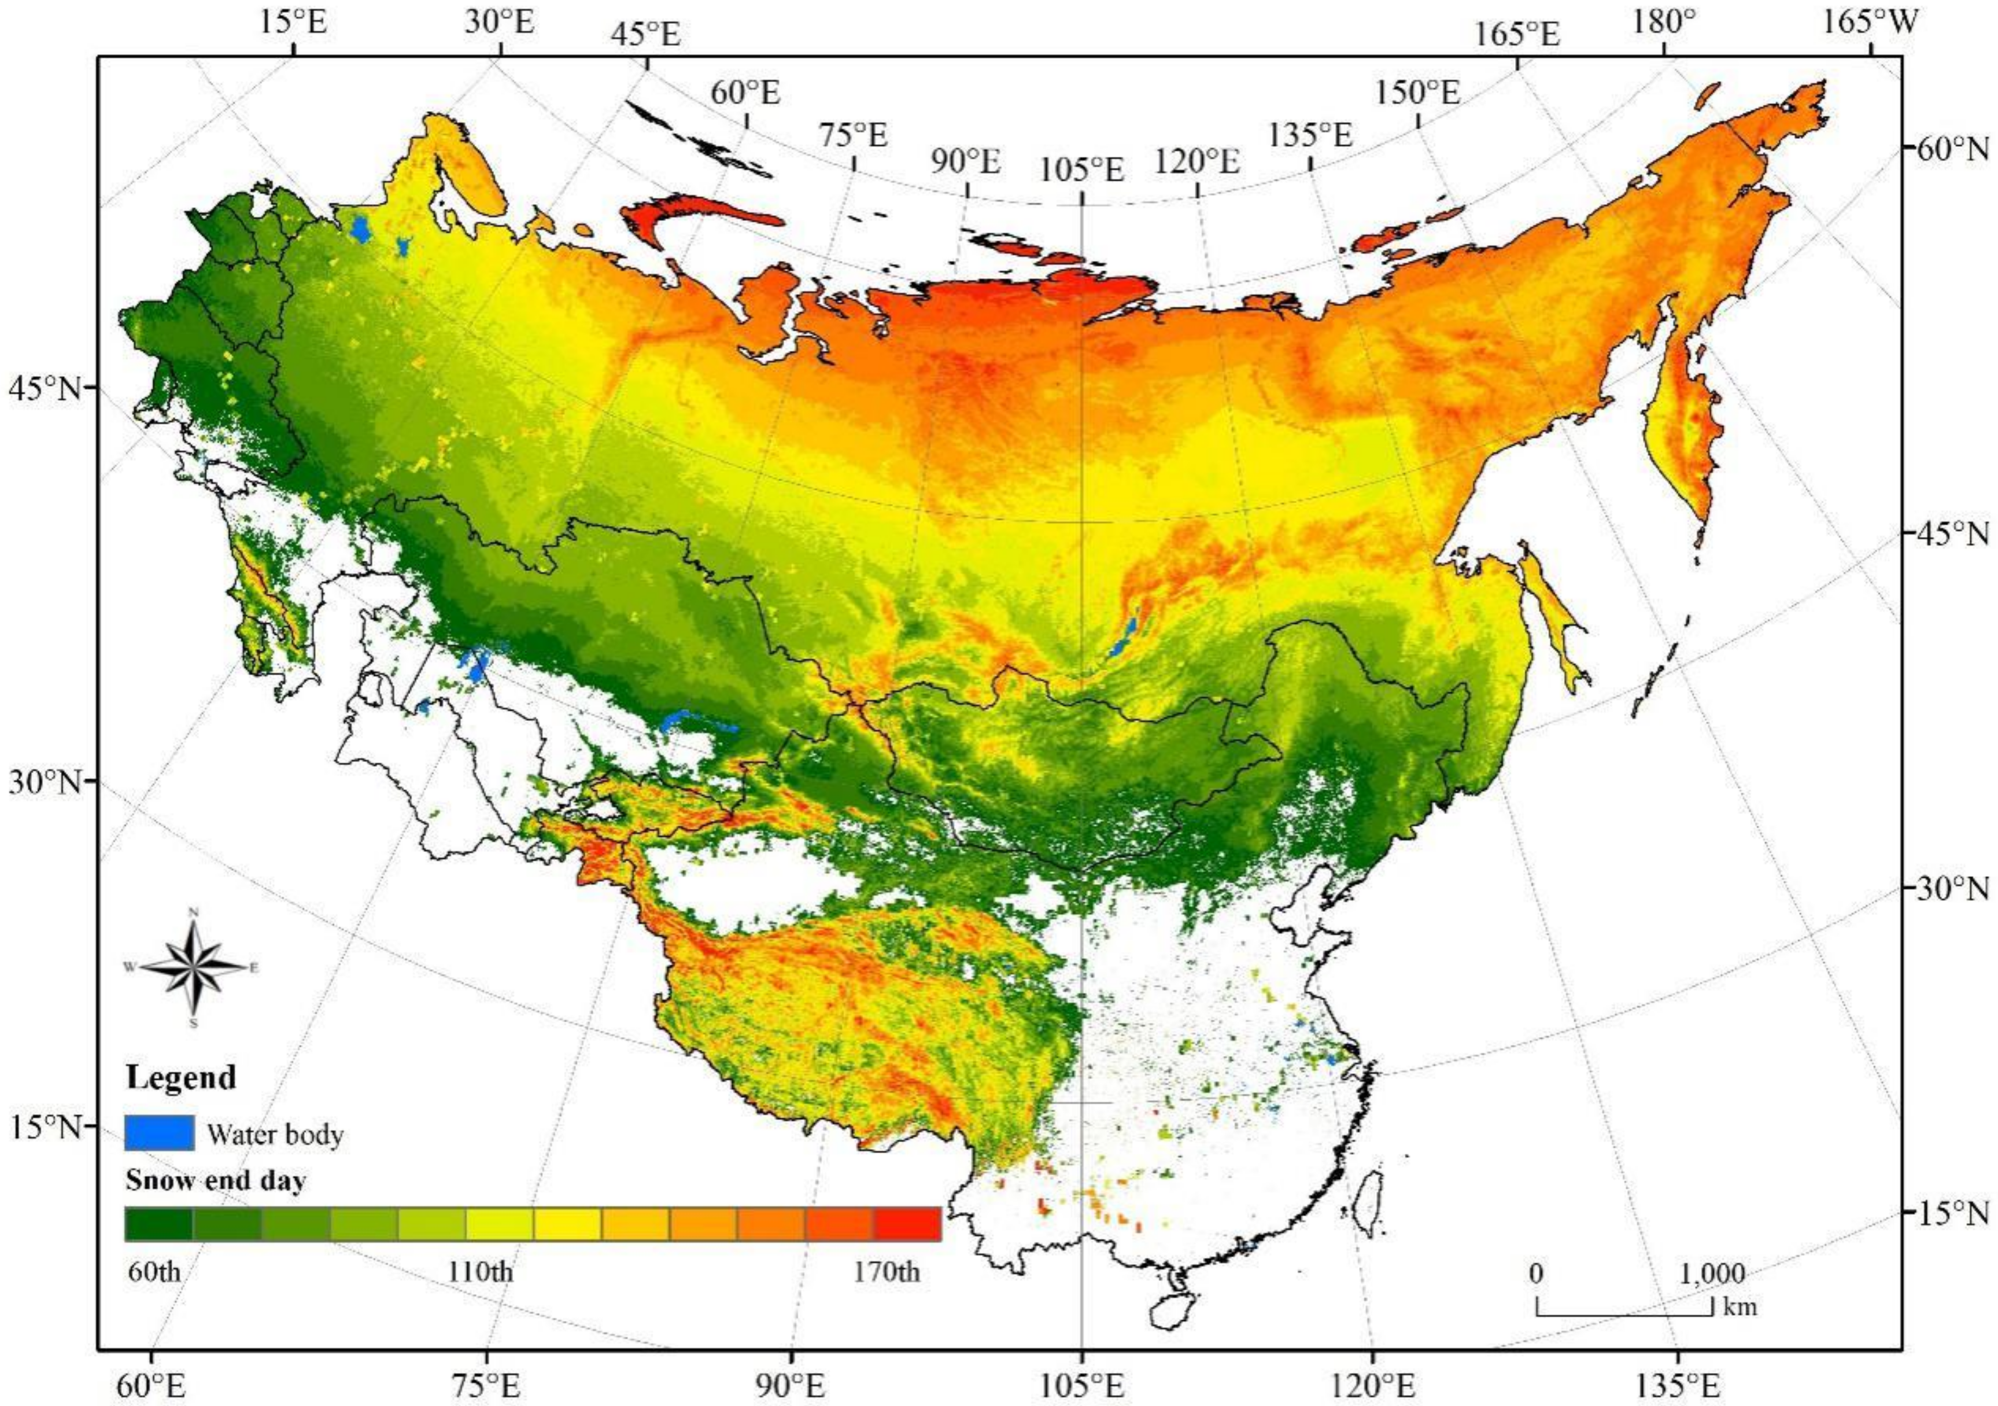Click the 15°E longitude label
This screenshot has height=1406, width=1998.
click(x=293, y=23)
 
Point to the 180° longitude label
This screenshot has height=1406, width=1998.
click(x=1663, y=23)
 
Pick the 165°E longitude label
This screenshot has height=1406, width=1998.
click(x=1517, y=34)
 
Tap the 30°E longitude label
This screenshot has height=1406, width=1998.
click(x=498, y=23)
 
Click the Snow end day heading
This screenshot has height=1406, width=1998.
click(x=216, y=1180)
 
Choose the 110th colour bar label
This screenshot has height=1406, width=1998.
click(x=481, y=1272)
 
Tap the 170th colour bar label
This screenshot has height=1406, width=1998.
click(x=887, y=1272)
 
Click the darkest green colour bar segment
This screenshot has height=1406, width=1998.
click(x=158, y=1223)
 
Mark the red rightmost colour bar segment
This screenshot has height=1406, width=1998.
click(x=907, y=1223)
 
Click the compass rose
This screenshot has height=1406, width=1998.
click(x=194, y=966)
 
